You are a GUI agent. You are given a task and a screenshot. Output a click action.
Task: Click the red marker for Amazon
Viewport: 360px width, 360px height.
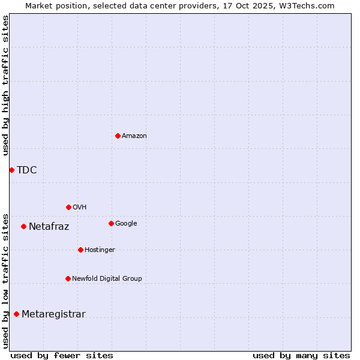[x=118, y=136]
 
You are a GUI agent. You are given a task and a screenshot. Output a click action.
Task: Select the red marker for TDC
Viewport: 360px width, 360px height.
[x=11, y=170]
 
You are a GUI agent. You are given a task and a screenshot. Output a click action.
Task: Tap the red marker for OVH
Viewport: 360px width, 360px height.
[x=68, y=207]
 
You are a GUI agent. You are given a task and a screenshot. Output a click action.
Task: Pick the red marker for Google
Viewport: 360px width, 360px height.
[x=111, y=223]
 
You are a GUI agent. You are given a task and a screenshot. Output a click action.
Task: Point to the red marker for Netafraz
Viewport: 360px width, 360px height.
[x=23, y=226]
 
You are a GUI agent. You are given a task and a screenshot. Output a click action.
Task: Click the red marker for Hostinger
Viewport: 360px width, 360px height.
[x=80, y=250]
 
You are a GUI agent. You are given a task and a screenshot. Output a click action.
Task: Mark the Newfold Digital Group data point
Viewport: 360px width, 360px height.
[x=68, y=278]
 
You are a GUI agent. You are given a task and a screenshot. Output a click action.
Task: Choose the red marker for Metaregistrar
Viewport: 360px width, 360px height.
[x=16, y=314]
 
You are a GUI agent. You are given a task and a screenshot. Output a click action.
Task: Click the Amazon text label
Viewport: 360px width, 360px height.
[x=134, y=136]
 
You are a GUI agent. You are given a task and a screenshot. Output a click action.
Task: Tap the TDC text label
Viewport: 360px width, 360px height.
[x=27, y=170]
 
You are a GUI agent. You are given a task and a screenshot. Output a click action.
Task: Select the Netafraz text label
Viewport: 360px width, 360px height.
[x=49, y=227]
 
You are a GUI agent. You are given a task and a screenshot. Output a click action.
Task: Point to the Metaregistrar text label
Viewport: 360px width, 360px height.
[x=53, y=314]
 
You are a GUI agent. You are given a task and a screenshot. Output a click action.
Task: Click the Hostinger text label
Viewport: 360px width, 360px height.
[x=100, y=250]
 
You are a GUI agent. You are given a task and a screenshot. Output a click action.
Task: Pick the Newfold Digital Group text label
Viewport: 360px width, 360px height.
[x=107, y=279]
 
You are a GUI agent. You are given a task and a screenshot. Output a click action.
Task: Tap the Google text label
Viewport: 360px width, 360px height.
[x=126, y=224]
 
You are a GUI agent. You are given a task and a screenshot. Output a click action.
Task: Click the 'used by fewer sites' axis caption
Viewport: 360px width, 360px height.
[x=62, y=355]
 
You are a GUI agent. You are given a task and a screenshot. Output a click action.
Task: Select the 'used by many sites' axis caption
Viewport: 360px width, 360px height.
[x=301, y=355]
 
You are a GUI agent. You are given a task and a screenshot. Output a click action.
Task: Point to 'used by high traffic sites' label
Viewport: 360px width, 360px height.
[x=5, y=85]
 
